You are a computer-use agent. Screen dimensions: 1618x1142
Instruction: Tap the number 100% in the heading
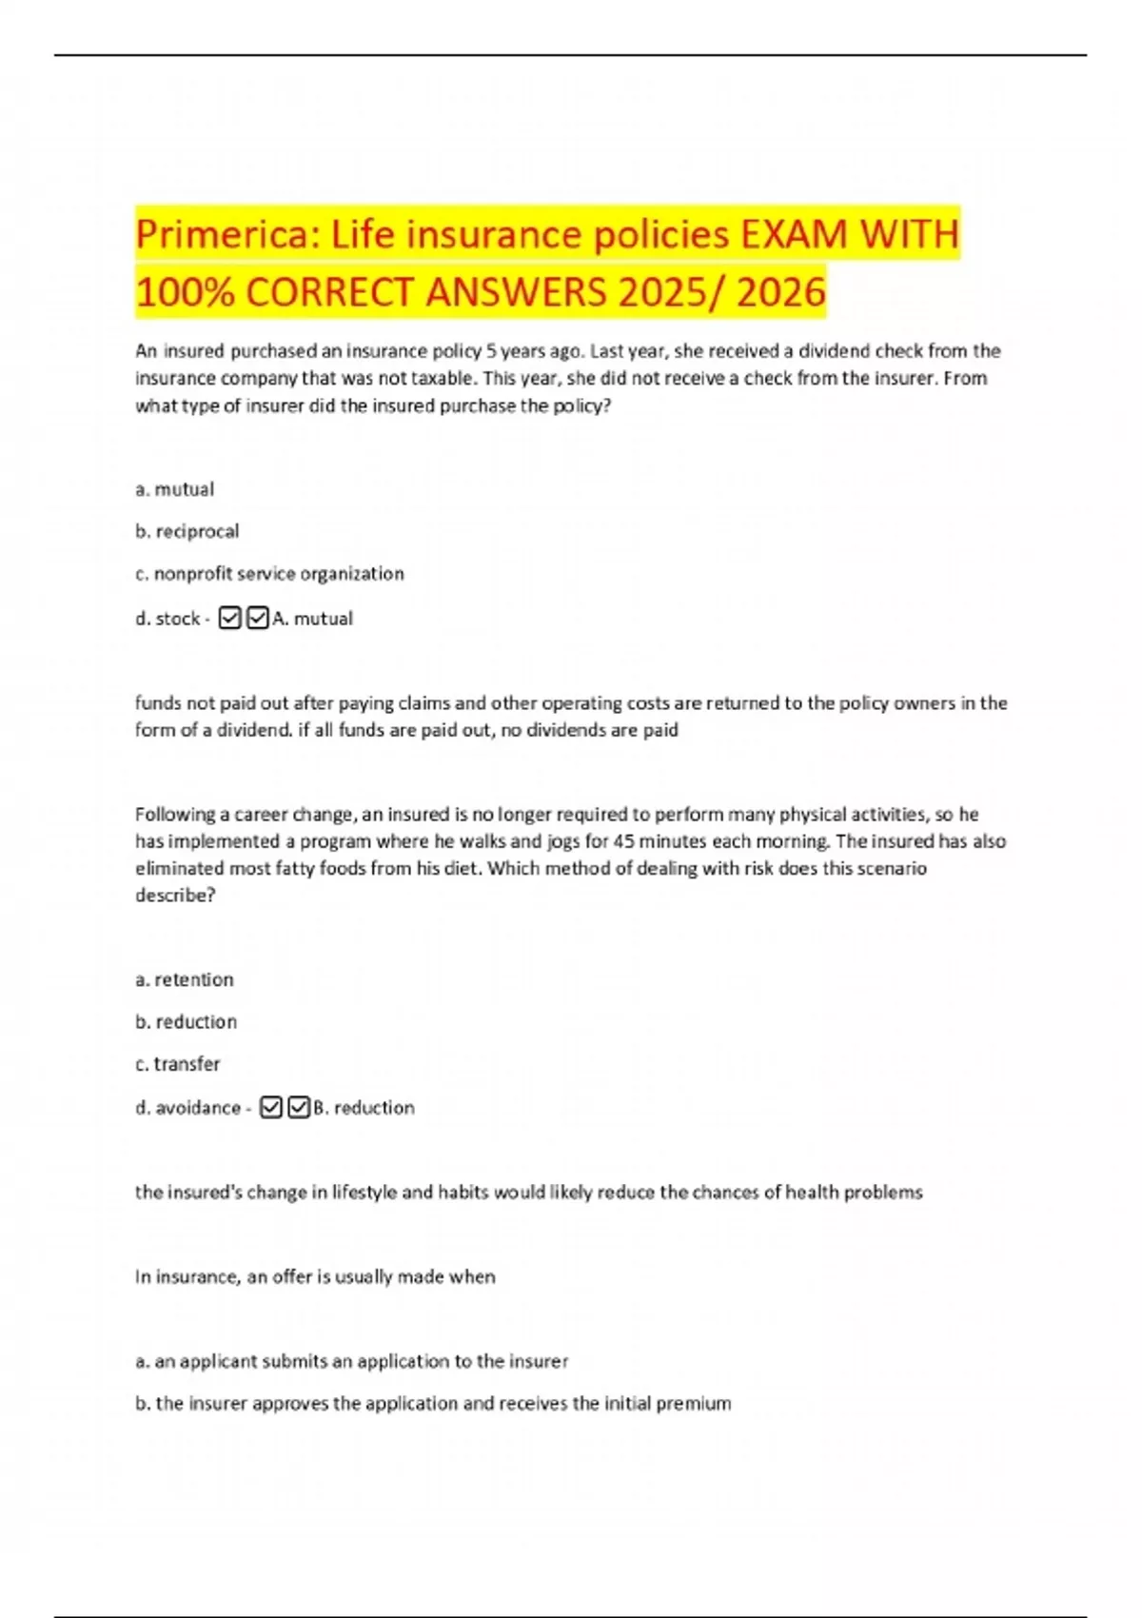pyautogui.click(x=185, y=292)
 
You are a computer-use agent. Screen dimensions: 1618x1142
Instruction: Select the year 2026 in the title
pyautogui.click(x=780, y=292)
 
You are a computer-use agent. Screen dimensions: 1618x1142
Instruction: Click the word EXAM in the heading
pyautogui.click(x=793, y=234)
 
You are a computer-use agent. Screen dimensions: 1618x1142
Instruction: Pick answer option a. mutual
pyautogui.click(x=175, y=489)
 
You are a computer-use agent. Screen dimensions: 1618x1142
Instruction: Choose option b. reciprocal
pyautogui.click(x=187, y=531)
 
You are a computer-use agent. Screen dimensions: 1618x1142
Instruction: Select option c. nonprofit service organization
pyautogui.click(x=269, y=573)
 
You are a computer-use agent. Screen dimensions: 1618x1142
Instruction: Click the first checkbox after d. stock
pyautogui.click(x=229, y=619)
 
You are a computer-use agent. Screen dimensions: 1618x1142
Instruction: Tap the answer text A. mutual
pyautogui.click(x=312, y=619)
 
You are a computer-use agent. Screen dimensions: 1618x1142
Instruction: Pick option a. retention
pyautogui.click(x=185, y=979)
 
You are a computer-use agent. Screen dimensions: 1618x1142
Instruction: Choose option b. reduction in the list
pyautogui.click(x=187, y=1021)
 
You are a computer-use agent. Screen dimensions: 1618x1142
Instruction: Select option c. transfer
pyautogui.click(x=178, y=1063)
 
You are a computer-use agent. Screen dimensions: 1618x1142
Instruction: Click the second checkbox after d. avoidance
pyautogui.click(x=299, y=1108)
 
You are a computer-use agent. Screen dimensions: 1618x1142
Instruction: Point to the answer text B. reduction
pyautogui.click(x=364, y=1108)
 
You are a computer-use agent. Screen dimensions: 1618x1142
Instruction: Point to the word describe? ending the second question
pyautogui.click(x=175, y=895)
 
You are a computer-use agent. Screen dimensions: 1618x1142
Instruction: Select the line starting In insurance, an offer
pyautogui.click(x=315, y=1276)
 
